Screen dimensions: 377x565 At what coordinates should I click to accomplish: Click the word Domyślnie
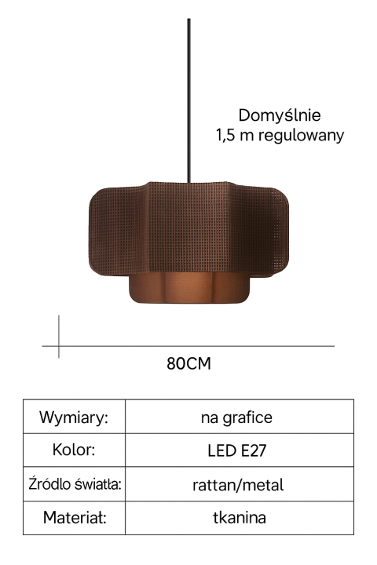tap(280, 115)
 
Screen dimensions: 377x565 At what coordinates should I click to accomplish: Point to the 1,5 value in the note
tap(225, 135)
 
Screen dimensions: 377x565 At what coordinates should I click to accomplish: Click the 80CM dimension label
tap(188, 363)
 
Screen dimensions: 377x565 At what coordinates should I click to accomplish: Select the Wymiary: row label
tap(74, 417)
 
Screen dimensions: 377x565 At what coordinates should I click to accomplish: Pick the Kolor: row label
tap(74, 450)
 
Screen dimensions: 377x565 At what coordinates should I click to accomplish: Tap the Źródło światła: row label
tap(75, 483)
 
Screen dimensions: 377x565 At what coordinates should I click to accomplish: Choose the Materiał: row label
tap(75, 517)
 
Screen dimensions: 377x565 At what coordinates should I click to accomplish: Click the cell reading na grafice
tap(236, 417)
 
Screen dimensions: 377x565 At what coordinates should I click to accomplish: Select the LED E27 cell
tap(236, 450)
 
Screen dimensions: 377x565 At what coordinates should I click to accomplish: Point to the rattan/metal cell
tap(238, 485)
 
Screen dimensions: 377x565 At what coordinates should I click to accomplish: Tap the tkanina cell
tap(240, 517)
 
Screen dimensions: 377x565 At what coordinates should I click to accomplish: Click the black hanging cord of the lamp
tap(188, 100)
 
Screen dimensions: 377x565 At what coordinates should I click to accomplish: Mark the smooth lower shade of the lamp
tap(189, 288)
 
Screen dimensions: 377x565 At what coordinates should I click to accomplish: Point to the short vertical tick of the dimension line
tap(59, 337)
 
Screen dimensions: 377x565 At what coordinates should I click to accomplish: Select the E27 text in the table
tap(253, 450)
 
